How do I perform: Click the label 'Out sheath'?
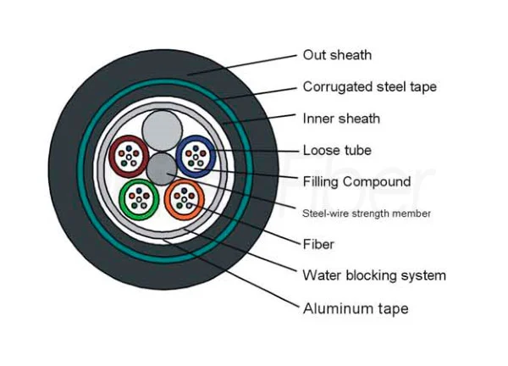click(337, 56)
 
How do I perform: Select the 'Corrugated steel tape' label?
click(370, 86)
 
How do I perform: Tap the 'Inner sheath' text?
click(341, 118)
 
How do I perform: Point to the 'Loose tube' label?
click(337, 150)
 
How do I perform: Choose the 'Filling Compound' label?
click(356, 181)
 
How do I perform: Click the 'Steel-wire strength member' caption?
click(367, 213)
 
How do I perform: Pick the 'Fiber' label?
click(318, 244)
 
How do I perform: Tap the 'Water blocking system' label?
click(374, 275)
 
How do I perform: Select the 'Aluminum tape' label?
click(356, 308)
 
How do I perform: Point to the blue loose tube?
click(196, 155)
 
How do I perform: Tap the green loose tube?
click(140, 200)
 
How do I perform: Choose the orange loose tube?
click(185, 200)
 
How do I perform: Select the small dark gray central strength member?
click(161, 169)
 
